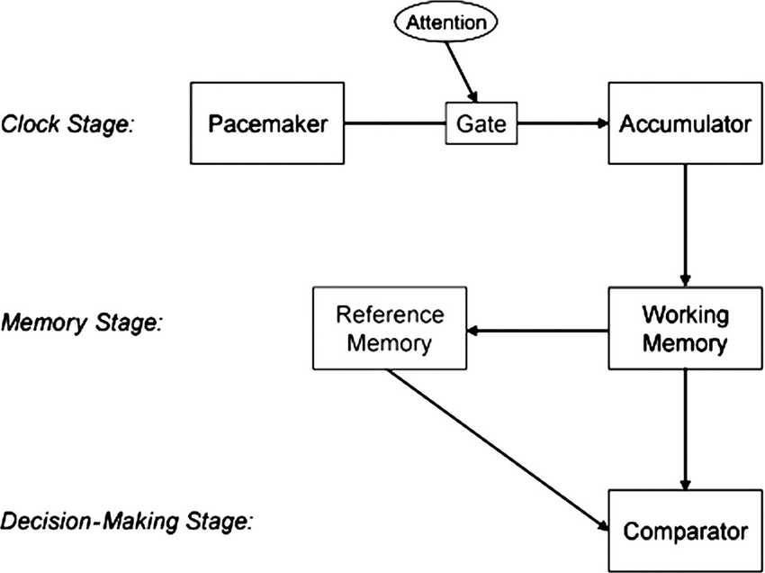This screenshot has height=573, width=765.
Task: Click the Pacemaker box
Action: (x=268, y=124)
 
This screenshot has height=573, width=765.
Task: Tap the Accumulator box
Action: (x=685, y=124)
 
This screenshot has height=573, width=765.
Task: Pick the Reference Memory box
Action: (x=390, y=329)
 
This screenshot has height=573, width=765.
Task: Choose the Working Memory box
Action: (x=685, y=329)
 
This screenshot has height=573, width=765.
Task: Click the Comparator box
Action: (x=685, y=531)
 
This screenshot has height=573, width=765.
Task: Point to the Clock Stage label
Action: (x=67, y=124)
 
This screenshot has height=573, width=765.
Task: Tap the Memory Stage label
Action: (x=82, y=321)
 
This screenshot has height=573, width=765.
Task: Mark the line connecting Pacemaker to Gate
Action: (x=396, y=124)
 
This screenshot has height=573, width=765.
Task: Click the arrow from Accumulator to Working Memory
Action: (x=685, y=225)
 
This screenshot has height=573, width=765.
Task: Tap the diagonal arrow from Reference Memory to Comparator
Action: (x=495, y=450)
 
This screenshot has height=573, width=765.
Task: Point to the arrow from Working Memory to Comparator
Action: (x=685, y=429)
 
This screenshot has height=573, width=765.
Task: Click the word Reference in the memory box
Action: (x=390, y=315)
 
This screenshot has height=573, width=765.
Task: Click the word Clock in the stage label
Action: (x=28, y=124)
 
